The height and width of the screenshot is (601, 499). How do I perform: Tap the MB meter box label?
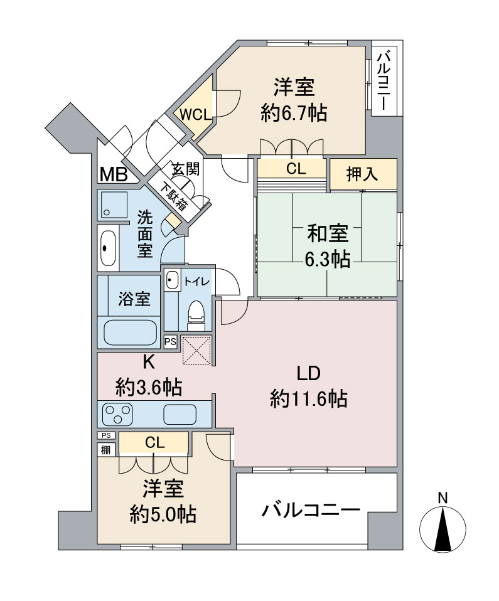(x=114, y=175)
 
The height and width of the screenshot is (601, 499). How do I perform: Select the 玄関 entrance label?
(x=186, y=168)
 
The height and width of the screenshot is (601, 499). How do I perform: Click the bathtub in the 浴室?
(x=131, y=332)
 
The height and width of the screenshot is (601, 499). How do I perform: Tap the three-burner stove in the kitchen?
(x=117, y=413)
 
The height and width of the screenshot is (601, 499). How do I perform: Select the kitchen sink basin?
(x=180, y=414)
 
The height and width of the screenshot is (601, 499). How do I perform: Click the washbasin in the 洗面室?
(x=108, y=248)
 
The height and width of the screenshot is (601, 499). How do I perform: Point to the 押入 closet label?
(x=362, y=174)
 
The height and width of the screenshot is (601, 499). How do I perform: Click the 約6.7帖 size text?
(x=294, y=113)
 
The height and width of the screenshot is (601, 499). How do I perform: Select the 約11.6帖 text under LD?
(x=309, y=398)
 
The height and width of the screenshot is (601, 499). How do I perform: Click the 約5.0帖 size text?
(x=163, y=514)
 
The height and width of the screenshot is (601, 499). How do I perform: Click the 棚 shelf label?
(x=105, y=449)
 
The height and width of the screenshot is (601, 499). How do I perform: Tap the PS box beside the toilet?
(x=170, y=341)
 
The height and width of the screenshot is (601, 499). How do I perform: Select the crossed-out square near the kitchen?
(x=196, y=350)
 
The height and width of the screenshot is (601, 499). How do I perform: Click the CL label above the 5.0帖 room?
(x=154, y=443)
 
